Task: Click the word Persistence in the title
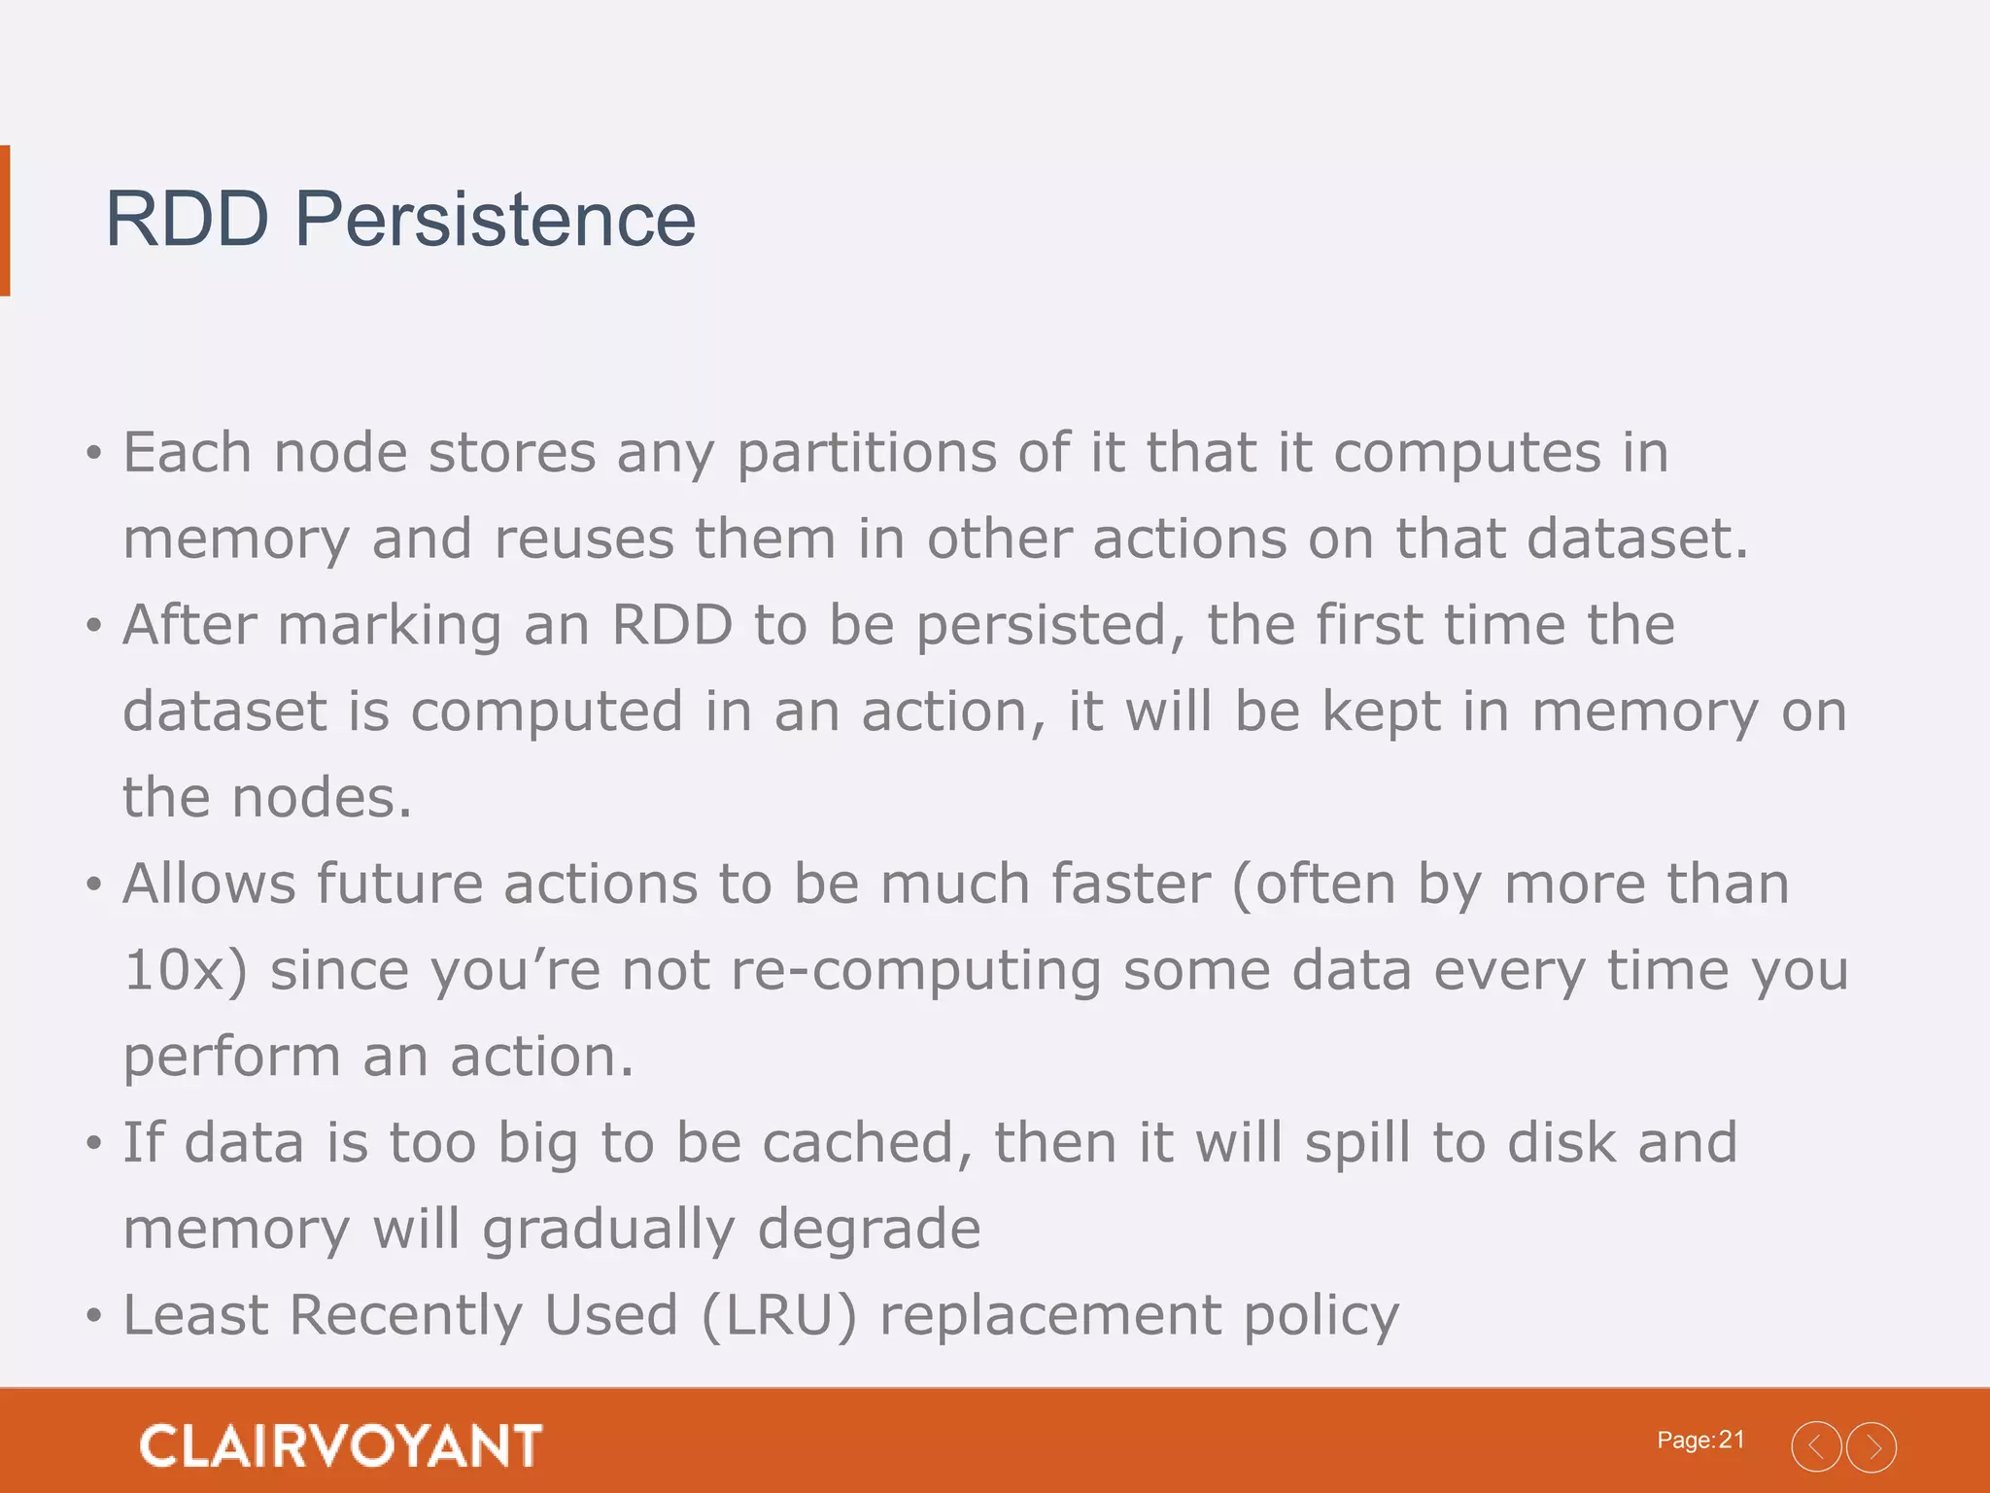[495, 220]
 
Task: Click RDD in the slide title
[187, 220]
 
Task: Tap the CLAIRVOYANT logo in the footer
[340, 1445]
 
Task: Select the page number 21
[1732, 1440]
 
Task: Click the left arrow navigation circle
[1816, 1447]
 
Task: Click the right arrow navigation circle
[1871, 1447]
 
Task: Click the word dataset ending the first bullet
[1629, 538]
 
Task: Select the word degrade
[869, 1230]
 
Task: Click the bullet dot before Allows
[93, 885]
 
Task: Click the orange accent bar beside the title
[5, 220]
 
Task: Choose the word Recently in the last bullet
[405, 1316]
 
